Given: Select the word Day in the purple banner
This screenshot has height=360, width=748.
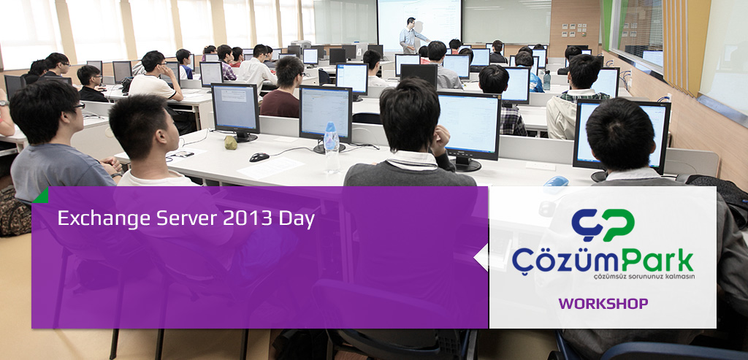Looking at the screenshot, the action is (297, 219).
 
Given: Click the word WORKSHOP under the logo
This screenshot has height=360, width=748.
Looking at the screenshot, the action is (603, 304).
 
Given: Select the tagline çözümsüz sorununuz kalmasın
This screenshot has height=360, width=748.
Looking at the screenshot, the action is (644, 277).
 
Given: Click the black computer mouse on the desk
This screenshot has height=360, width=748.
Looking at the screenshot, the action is (259, 157).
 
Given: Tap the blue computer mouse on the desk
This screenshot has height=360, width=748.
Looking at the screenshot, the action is (556, 182).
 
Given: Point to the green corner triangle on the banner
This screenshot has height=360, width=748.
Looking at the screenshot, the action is (41, 196).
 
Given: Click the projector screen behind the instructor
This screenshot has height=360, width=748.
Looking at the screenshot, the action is (419, 25).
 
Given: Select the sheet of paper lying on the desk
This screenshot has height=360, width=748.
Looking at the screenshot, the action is (271, 168).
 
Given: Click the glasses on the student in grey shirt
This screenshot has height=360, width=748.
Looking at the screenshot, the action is (78, 106).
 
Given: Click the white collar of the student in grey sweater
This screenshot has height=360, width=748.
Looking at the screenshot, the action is (412, 159).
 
